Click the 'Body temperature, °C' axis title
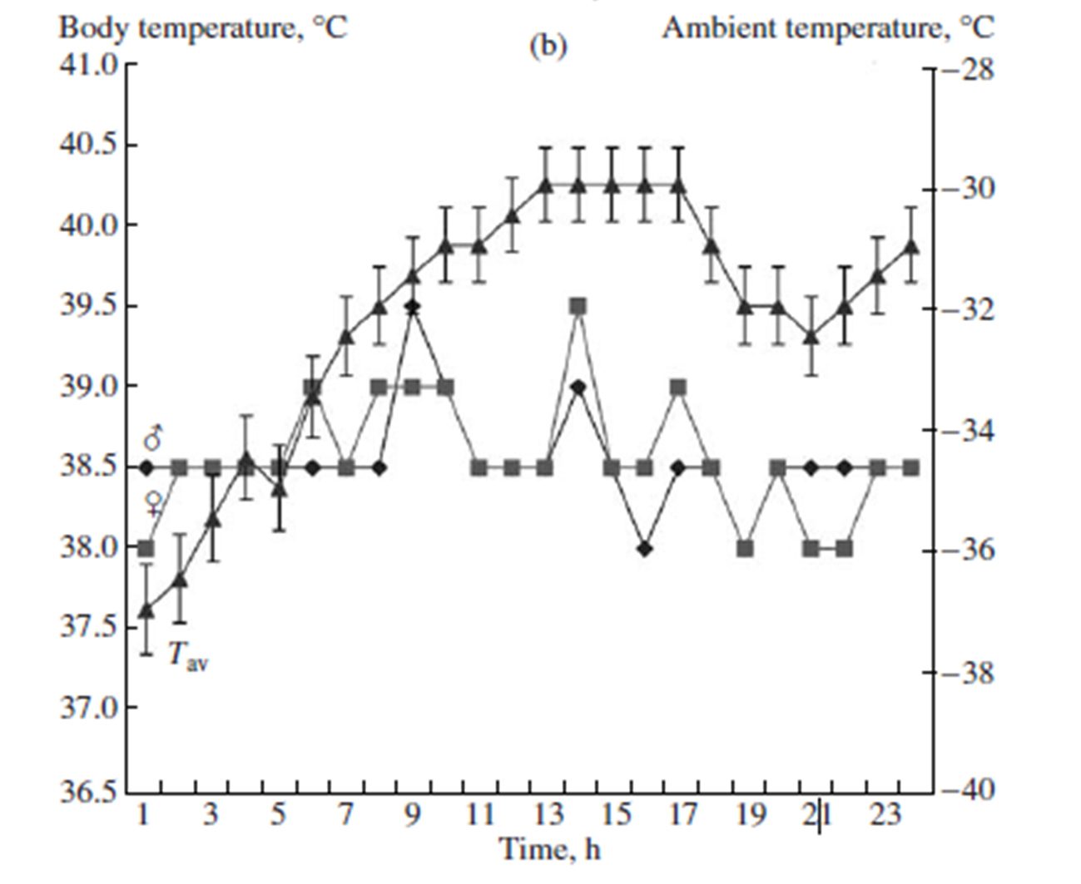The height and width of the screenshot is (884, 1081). click(x=202, y=28)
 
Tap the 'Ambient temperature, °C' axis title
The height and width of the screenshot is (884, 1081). click(x=827, y=28)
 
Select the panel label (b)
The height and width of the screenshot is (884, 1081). click(x=548, y=47)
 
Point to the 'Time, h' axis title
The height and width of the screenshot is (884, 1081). click(x=549, y=850)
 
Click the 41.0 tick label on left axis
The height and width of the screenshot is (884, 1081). click(x=87, y=65)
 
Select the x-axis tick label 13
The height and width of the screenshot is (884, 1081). click(x=548, y=816)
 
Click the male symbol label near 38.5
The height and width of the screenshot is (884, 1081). click(x=153, y=438)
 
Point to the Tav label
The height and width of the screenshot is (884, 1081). click(x=188, y=657)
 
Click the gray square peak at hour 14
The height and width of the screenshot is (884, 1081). click(x=578, y=306)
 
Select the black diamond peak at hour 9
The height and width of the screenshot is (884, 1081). click(x=412, y=307)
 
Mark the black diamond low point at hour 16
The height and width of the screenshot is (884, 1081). click(x=645, y=549)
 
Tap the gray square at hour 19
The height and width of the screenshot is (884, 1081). click(x=746, y=549)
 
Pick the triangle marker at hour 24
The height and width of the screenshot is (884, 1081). click(x=911, y=246)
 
